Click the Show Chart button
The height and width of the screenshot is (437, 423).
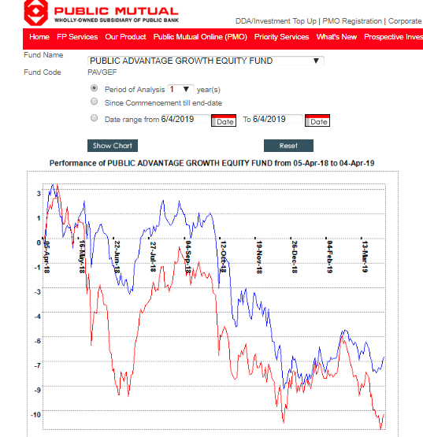tap(113, 146)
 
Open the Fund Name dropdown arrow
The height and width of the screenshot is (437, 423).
tap(316, 61)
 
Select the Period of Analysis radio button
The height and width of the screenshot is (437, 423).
tap(95, 88)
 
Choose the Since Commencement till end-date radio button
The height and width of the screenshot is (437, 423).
tap(95, 102)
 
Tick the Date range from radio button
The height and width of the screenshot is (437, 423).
tap(95, 118)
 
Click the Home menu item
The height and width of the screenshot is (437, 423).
tap(39, 37)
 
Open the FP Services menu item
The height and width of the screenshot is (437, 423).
tap(77, 37)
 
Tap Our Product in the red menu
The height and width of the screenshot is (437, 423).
tap(125, 37)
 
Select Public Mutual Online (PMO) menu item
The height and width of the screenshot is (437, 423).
tap(200, 37)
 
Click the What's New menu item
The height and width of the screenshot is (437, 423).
tap(336, 37)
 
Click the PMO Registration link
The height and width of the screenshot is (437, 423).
tap(352, 21)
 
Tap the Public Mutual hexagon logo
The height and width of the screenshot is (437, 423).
tap(35, 13)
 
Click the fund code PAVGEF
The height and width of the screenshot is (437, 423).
tap(102, 72)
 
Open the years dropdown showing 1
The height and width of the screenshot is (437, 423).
tap(180, 89)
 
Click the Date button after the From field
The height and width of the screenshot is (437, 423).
tap(224, 120)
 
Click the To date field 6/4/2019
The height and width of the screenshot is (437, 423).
tap(277, 119)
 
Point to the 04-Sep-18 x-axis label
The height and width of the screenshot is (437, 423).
tap(188, 257)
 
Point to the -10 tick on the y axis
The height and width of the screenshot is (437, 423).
tap(36, 414)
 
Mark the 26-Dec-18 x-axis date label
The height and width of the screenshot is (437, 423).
tap(294, 257)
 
